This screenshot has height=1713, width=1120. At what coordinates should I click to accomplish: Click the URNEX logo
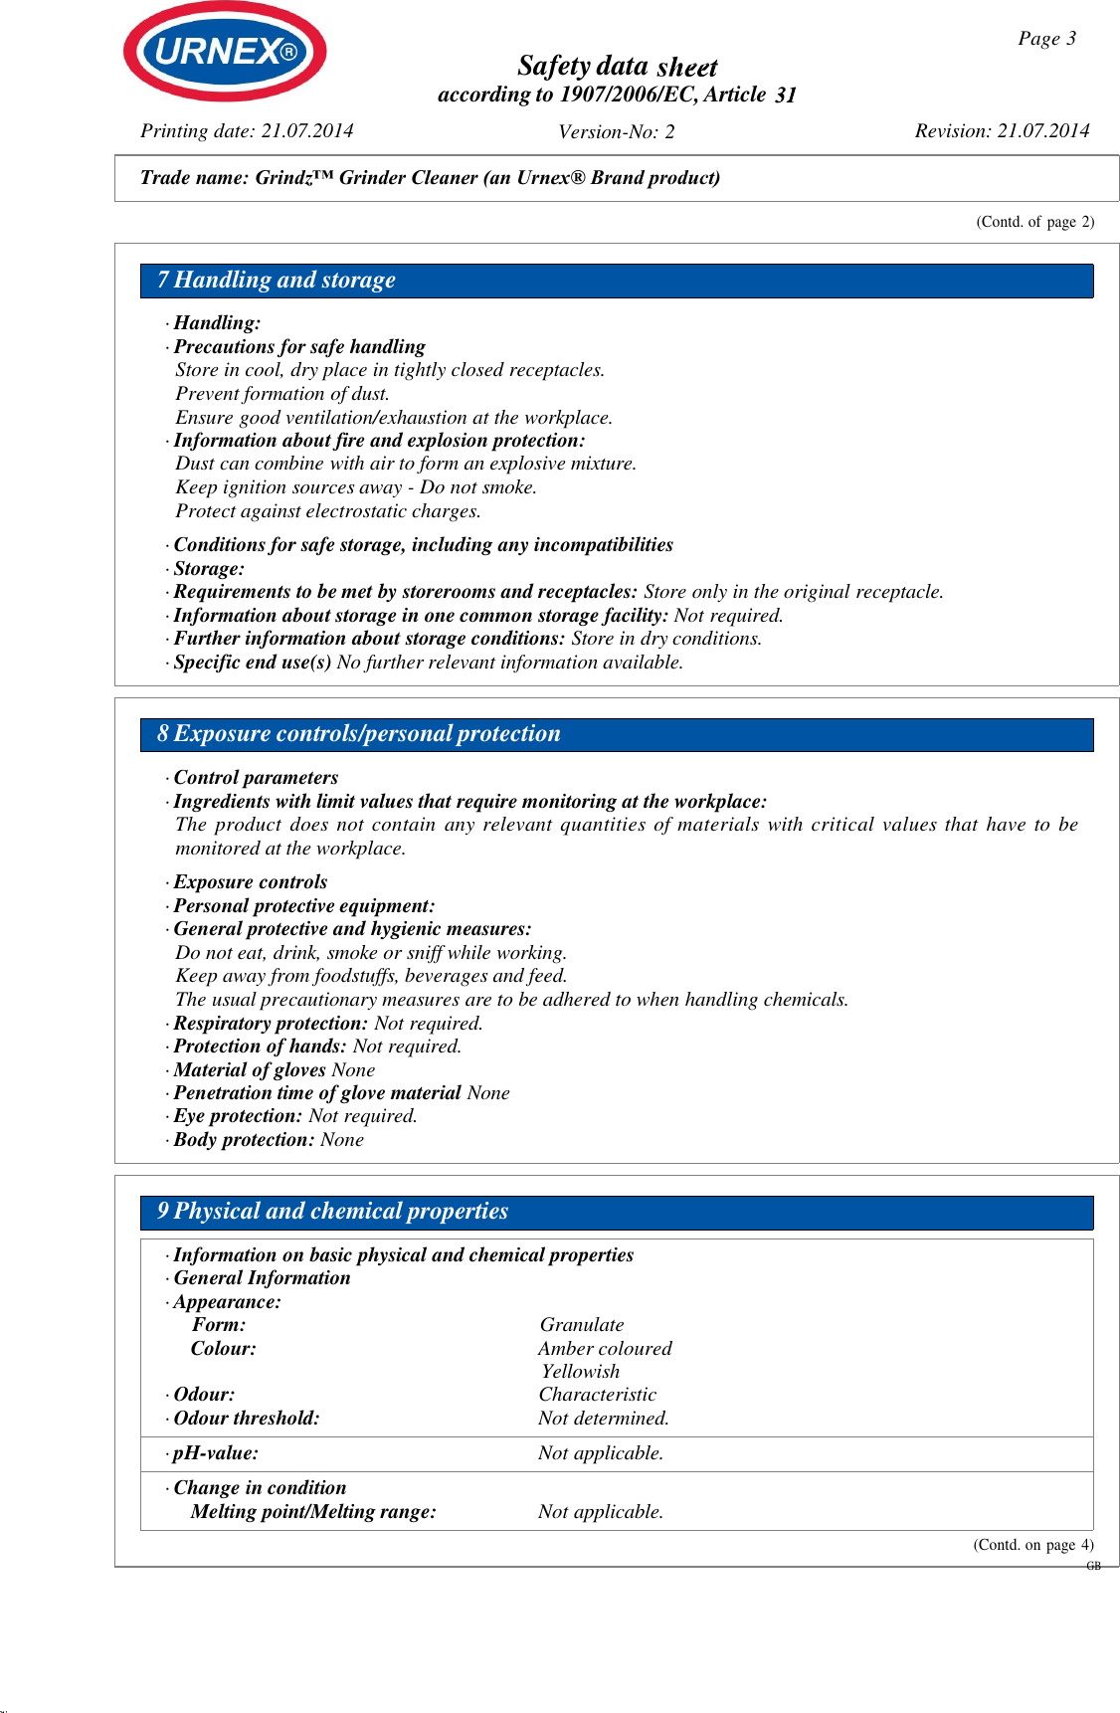point(225,51)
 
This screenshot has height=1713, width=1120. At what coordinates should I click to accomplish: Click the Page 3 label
point(1046,39)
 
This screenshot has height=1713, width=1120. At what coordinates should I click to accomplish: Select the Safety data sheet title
point(617,67)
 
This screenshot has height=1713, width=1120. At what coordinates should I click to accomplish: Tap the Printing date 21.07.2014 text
point(247,131)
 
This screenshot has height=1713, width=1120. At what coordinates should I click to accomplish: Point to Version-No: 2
point(616,132)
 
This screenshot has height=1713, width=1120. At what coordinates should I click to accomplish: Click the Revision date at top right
point(1002,131)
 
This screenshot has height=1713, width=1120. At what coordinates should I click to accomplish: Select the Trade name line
point(430,178)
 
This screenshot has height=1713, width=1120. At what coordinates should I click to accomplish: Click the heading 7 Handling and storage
point(277,281)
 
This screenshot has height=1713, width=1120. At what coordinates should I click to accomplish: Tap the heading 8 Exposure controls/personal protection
point(359,734)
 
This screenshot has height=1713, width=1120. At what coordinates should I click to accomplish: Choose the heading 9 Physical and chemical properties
point(333,1212)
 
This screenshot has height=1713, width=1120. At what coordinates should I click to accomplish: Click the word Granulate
point(582,1325)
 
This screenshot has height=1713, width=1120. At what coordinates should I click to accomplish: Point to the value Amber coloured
point(605,1349)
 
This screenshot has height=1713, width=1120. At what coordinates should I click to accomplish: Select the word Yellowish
point(581,1372)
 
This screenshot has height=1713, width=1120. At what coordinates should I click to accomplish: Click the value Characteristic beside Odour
point(598,1395)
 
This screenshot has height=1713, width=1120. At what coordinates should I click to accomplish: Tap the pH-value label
point(216,1453)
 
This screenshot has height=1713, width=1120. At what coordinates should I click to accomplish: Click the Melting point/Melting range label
point(313,1512)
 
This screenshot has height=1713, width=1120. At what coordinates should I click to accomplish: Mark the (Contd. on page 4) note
point(1032,1545)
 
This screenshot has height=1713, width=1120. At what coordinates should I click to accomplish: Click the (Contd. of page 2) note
point(1034,222)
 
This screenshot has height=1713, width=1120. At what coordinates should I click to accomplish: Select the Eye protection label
point(238,1116)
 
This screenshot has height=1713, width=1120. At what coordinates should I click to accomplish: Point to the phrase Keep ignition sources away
point(288,487)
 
